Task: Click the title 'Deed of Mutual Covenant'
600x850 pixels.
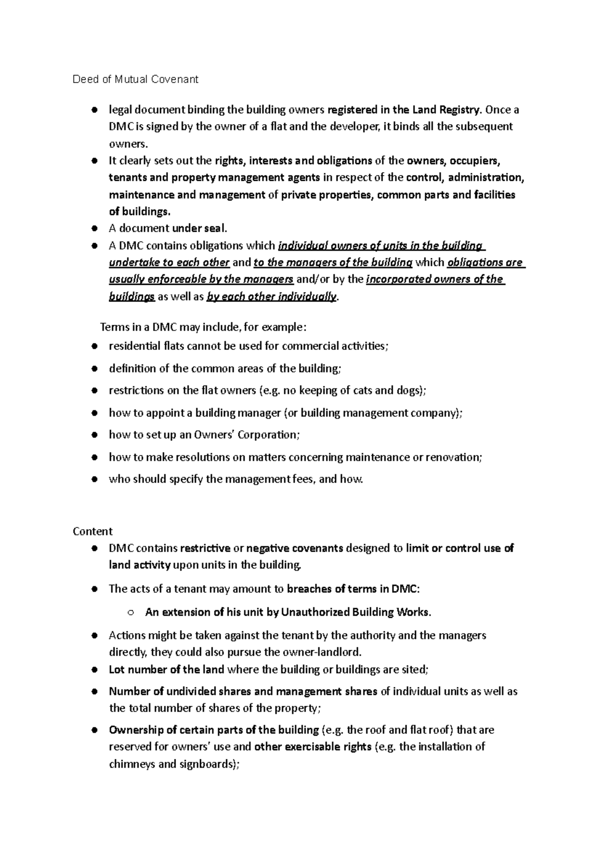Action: point(135,79)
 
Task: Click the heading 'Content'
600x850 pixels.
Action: point(92,531)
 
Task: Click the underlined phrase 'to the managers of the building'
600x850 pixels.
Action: point(333,263)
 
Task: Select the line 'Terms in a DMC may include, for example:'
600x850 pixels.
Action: point(202,327)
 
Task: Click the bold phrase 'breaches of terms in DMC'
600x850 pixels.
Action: point(353,589)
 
